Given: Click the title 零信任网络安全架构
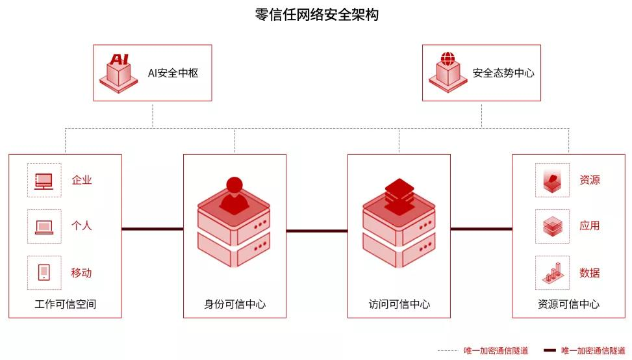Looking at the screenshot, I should [x=316, y=15].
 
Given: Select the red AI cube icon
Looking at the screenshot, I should [x=119, y=72].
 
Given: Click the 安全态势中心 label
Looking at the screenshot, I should [x=503, y=73].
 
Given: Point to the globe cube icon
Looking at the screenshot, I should [x=448, y=72].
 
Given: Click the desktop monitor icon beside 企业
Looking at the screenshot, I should [x=44, y=180].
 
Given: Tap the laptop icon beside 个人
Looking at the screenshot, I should [x=44, y=226].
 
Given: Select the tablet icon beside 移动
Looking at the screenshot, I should [x=44, y=272].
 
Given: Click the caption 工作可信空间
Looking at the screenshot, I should [x=65, y=304].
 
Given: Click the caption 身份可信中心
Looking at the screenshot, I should [x=234, y=304].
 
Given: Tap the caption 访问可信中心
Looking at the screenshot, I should [x=399, y=304].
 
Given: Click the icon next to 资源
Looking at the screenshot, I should [x=552, y=180].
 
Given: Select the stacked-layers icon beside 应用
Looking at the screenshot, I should [x=552, y=226].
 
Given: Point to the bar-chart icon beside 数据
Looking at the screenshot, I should [x=552, y=272].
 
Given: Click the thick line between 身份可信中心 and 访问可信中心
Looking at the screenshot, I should [x=317, y=230].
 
